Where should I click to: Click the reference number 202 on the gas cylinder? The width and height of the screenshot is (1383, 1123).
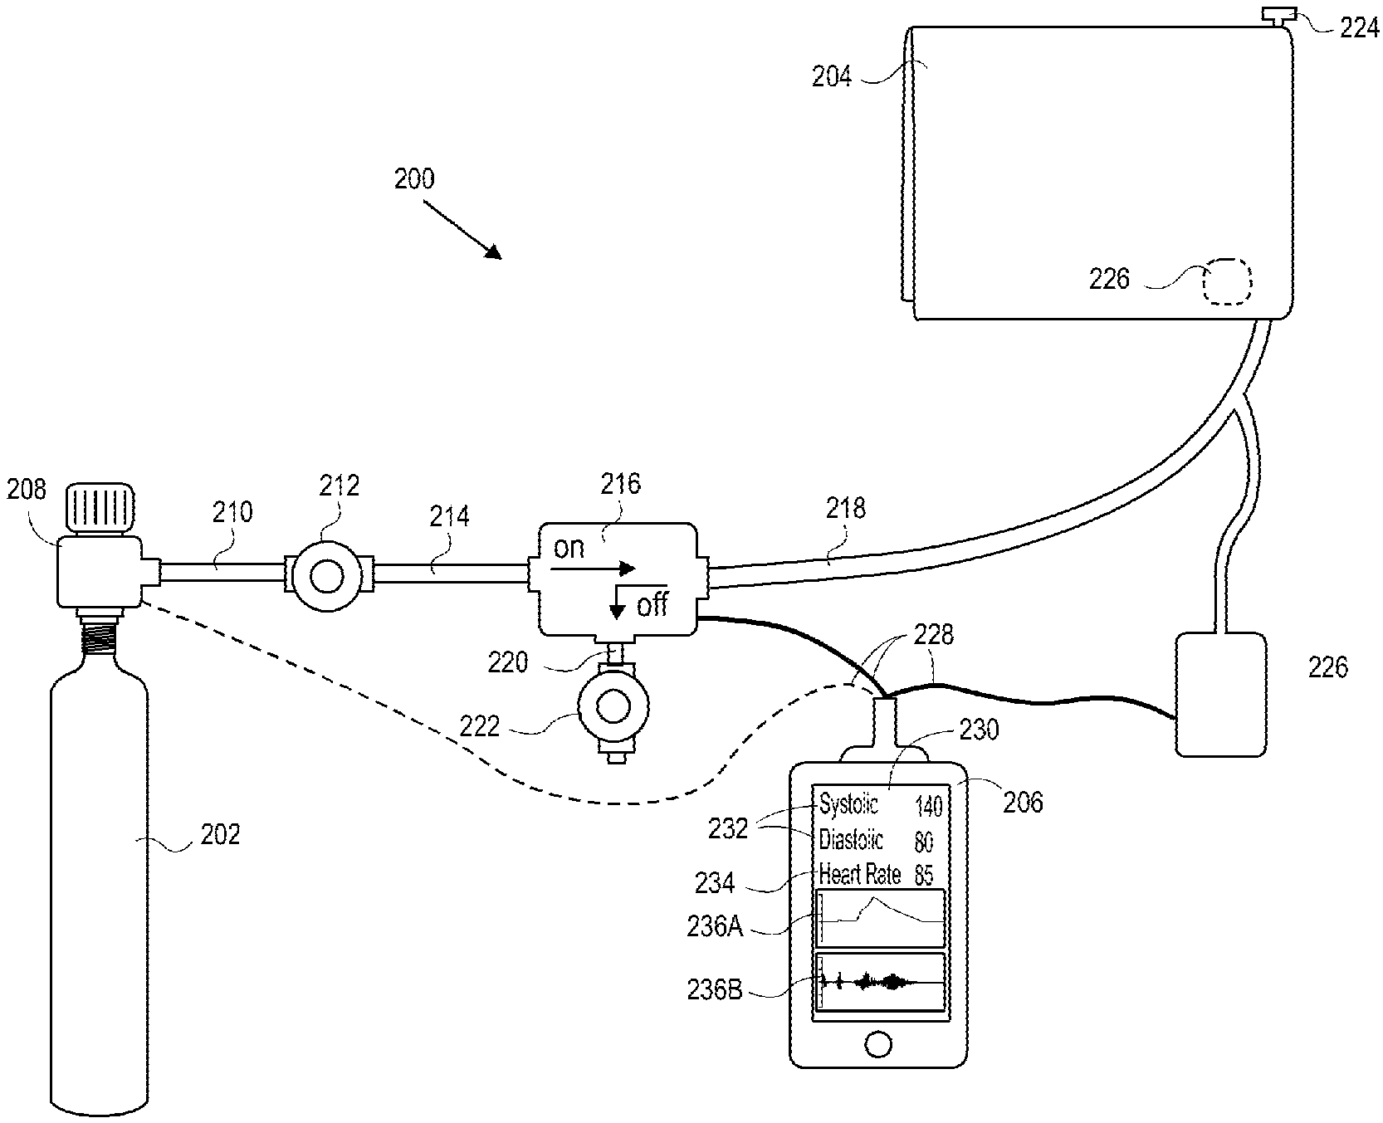click(x=220, y=832)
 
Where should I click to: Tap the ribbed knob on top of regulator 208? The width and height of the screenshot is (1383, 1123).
click(x=98, y=508)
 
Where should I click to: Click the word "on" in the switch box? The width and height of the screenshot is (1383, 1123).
click(x=569, y=549)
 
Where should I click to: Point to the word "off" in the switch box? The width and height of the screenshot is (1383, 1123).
click(x=652, y=604)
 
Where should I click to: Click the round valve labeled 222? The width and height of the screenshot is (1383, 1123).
click(x=613, y=706)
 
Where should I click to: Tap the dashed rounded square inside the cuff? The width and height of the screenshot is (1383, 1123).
click(x=1227, y=282)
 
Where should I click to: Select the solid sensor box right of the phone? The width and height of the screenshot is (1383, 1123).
click(x=1221, y=694)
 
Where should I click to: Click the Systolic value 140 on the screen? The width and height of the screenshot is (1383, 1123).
click(x=928, y=806)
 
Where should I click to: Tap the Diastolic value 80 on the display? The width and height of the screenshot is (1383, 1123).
click(x=923, y=843)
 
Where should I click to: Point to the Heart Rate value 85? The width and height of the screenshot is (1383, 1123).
click(x=923, y=875)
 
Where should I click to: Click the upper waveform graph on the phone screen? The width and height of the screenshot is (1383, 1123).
click(x=881, y=918)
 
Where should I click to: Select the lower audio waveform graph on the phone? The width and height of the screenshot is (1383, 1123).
click(x=881, y=983)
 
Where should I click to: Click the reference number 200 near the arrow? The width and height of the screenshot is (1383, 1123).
click(x=413, y=179)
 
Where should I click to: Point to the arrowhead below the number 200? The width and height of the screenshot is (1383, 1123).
click(x=493, y=251)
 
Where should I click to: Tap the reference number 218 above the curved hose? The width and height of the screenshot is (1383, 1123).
click(x=845, y=508)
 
